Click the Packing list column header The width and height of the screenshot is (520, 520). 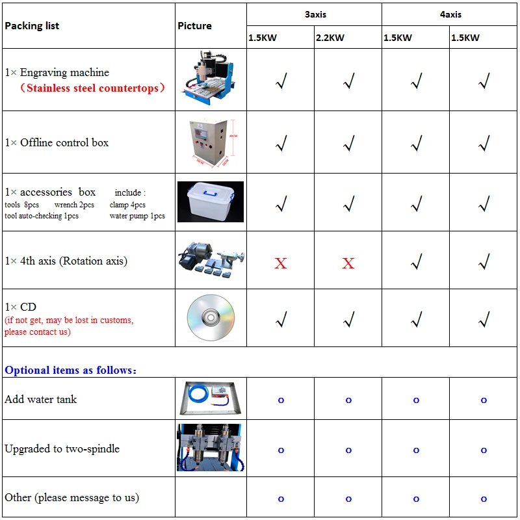click(32, 26)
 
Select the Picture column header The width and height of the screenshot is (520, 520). click(194, 26)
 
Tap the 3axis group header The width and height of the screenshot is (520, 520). click(315, 14)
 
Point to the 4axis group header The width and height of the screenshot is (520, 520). click(450, 14)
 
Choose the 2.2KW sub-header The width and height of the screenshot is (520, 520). click(330, 38)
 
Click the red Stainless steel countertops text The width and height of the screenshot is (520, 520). click(90, 88)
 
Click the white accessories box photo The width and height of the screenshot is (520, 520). click(210, 201)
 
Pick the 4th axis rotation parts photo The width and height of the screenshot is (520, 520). click(211, 261)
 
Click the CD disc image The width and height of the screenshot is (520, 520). click(210, 318)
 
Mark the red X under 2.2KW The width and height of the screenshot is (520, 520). click(348, 263)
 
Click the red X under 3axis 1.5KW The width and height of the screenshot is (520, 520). click(281, 263)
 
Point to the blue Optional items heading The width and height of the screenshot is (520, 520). click(70, 370)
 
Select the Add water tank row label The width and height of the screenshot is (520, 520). click(40, 399)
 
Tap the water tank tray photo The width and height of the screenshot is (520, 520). click(210, 398)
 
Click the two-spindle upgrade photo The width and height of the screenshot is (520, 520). click(210, 448)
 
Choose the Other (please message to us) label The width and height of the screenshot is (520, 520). click(71, 497)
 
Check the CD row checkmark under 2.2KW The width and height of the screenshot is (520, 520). click(348, 318)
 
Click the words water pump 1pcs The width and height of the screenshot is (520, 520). click(137, 216)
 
